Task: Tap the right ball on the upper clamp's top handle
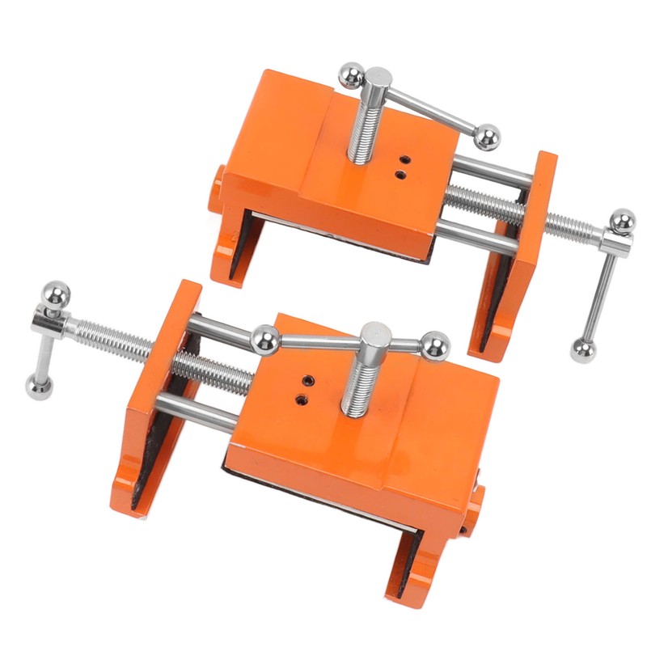pyautogui.click(x=486, y=137)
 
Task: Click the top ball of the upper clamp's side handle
pyautogui.click(x=622, y=222)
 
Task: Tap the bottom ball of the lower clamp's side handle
pyautogui.click(x=37, y=386)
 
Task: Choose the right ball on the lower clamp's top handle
pyautogui.click(x=433, y=345)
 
